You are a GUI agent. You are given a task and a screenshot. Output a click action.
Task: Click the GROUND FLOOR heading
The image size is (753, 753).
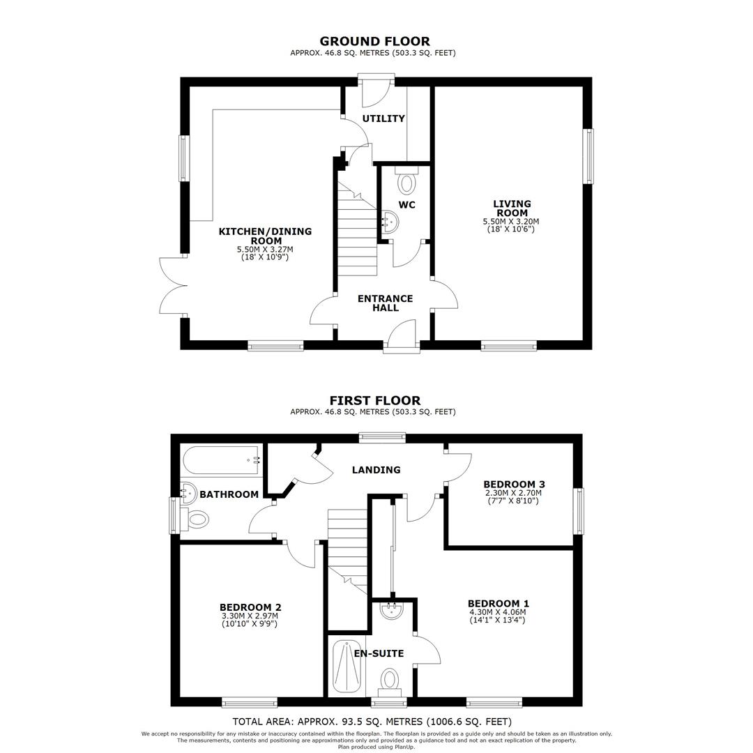pos(374,41)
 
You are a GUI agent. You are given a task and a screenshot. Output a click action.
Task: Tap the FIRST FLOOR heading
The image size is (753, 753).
pos(374,400)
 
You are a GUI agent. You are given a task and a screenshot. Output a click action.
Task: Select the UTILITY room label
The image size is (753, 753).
pos(383,119)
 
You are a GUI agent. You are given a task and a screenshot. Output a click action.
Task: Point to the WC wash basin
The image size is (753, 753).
pos(390,222)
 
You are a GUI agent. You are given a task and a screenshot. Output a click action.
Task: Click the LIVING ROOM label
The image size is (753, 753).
pos(512,208)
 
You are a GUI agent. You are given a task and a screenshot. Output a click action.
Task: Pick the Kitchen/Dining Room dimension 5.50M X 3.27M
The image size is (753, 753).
pos(265,250)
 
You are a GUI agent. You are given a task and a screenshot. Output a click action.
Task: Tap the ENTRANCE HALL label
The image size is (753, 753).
pos(385,303)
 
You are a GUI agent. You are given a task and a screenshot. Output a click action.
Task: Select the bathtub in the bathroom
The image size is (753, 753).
pos(222,460)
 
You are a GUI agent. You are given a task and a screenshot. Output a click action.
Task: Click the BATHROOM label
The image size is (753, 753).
pos(229,494)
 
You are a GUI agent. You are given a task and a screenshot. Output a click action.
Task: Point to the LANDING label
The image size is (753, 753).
pos(376,470)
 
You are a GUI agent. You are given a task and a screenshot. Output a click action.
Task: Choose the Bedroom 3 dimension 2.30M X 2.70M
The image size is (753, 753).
pos(513,493)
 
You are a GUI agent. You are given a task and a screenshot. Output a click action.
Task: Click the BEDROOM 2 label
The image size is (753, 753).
pos(250,607)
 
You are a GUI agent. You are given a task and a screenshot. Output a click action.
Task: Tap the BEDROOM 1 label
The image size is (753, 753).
pos(498,604)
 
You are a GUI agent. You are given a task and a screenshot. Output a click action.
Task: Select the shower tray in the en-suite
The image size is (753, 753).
pos(347,667)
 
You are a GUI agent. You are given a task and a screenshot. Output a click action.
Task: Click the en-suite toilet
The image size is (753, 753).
pos(390,683)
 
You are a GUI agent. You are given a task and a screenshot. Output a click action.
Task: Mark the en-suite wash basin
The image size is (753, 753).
pos(392,610)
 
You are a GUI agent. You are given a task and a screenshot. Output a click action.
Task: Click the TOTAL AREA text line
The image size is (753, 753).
pos(372,722)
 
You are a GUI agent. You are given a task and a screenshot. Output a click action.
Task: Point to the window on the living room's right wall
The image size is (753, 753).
pos(588,156)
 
